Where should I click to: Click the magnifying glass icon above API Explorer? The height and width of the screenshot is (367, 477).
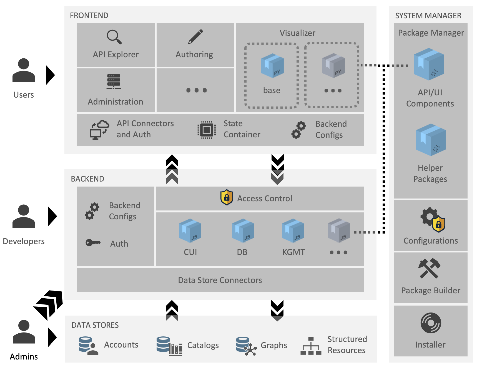pyautogui.click(x=114, y=37)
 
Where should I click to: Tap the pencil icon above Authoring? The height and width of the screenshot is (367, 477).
pyautogui.click(x=195, y=37)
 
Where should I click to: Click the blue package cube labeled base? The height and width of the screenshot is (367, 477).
pyautogui.click(x=272, y=66)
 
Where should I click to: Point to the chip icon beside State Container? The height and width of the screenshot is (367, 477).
pyautogui.click(x=207, y=130)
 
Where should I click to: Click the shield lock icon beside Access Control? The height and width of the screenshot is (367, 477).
pyautogui.click(x=227, y=197)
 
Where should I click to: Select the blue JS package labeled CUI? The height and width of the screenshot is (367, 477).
pyautogui.click(x=190, y=230)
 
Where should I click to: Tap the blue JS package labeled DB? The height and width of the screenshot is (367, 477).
pyautogui.click(x=243, y=230)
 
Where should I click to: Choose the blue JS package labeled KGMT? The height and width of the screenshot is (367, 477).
pyautogui.click(x=293, y=230)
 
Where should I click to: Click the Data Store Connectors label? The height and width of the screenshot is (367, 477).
pyautogui.click(x=220, y=280)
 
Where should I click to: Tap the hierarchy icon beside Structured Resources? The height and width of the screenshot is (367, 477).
pyautogui.click(x=311, y=346)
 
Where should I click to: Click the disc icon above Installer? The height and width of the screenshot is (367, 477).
pyautogui.click(x=431, y=323)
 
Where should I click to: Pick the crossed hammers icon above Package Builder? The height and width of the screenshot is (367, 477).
pyautogui.click(x=429, y=268)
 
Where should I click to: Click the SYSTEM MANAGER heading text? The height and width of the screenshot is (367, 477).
pyautogui.click(x=428, y=16)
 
